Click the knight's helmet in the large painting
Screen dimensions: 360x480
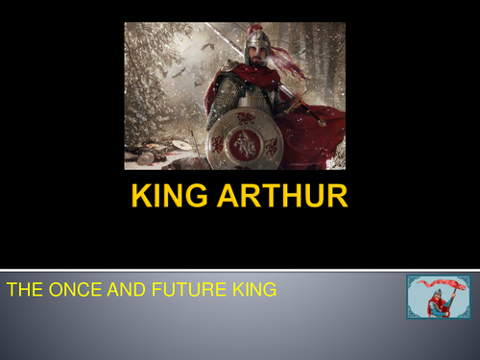254,43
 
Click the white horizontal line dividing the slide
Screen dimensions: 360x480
240,269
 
